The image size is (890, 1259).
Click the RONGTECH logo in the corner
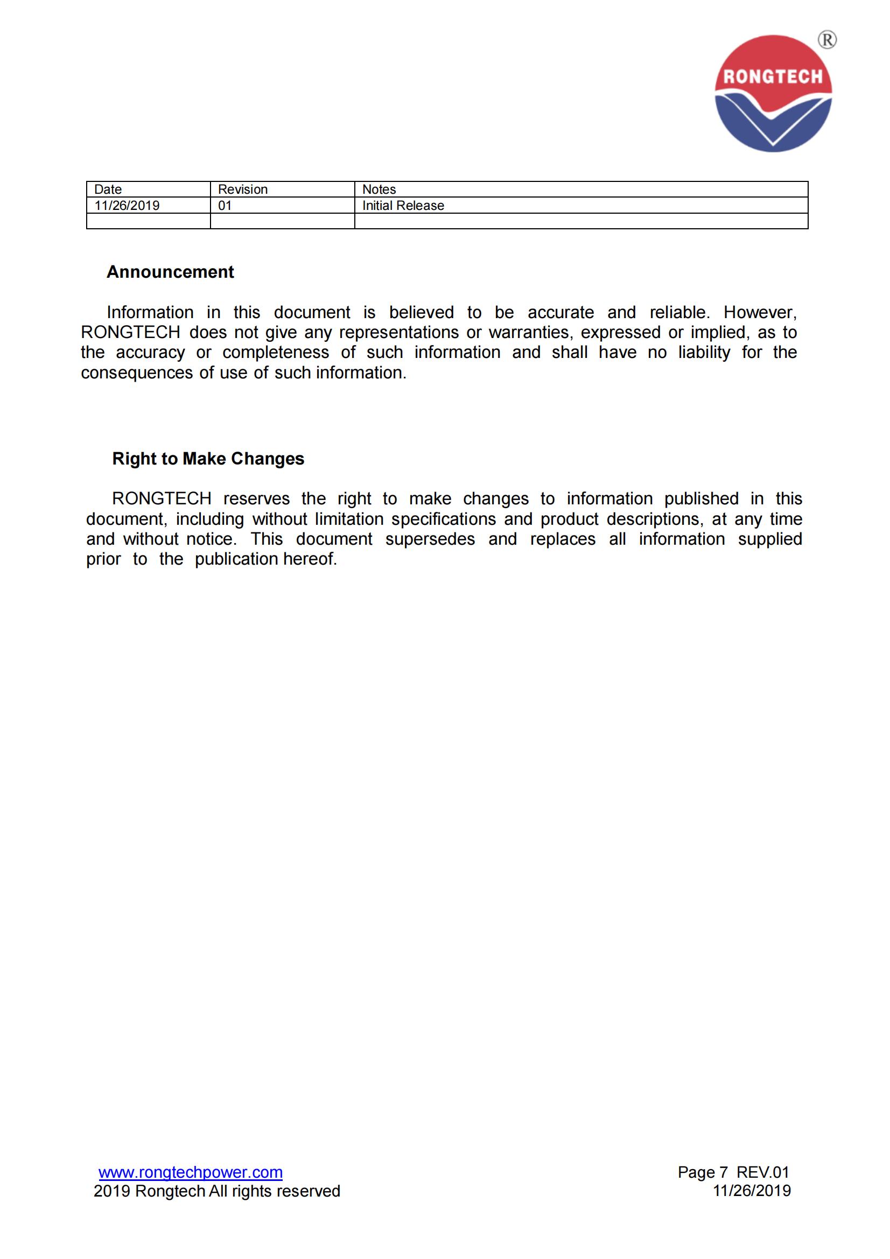[x=773, y=93]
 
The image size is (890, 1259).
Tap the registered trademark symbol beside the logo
[x=827, y=40]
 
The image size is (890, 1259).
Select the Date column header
[x=108, y=189]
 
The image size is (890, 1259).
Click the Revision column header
[x=242, y=189]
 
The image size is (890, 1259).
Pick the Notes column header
[x=379, y=189]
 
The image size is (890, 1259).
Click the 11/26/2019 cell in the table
[x=127, y=206]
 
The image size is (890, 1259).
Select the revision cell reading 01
[x=225, y=206]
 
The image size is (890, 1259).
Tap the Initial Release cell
[x=403, y=206]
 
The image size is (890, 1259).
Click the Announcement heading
[x=170, y=272]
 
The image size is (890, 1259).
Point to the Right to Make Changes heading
[x=208, y=459]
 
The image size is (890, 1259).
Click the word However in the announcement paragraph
[x=760, y=313]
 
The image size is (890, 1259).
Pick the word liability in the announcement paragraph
[x=704, y=352]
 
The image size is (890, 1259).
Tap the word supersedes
[x=430, y=539]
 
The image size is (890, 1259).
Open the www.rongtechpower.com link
[x=190, y=1172]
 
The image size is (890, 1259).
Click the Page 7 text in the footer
[x=703, y=1172]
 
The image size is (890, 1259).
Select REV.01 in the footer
[x=763, y=1172]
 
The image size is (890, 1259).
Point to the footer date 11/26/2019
[x=751, y=1191]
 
